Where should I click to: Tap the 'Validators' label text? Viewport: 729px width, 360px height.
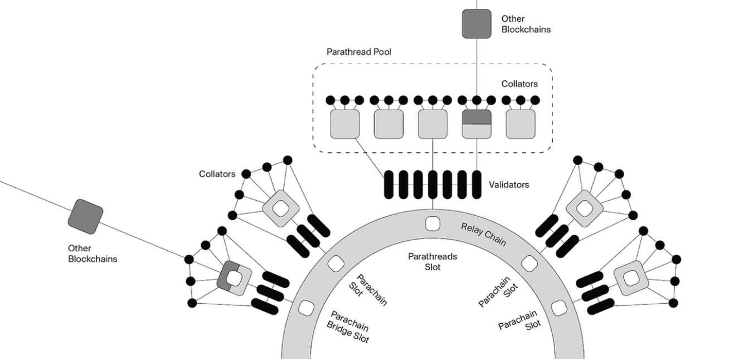click(x=509, y=184)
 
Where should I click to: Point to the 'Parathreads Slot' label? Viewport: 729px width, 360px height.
click(x=432, y=262)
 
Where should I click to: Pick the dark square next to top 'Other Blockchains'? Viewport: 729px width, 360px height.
click(x=477, y=23)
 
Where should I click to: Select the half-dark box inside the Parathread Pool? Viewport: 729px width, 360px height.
click(x=477, y=124)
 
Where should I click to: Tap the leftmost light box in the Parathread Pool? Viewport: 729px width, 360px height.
click(x=345, y=124)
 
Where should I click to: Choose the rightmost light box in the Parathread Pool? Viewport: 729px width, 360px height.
click(x=521, y=124)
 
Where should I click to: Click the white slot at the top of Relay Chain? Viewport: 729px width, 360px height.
click(x=432, y=223)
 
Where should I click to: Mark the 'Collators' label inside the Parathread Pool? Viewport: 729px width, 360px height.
click(x=519, y=84)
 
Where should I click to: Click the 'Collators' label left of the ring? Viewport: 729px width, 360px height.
click(x=217, y=174)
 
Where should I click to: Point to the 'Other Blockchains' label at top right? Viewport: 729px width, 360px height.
click(x=526, y=24)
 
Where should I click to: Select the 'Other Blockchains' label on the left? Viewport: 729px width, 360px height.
click(x=93, y=253)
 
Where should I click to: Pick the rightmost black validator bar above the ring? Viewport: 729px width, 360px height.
click(x=477, y=184)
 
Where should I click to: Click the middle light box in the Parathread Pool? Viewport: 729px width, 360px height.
click(x=432, y=124)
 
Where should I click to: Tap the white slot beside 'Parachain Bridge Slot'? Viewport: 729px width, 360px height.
click(x=306, y=308)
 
